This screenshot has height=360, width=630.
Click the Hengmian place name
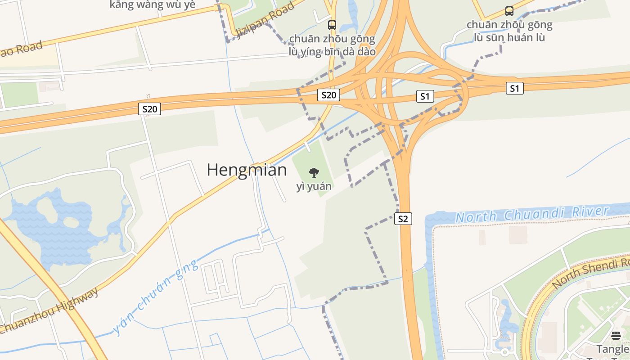tap(247, 170)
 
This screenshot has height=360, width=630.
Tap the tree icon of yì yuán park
tap(314, 172)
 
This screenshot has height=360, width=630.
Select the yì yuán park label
tap(314, 186)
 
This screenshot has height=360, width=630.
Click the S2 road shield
tap(403, 219)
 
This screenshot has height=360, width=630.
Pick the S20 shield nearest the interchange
tap(328, 95)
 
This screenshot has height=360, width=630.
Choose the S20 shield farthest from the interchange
tap(149, 109)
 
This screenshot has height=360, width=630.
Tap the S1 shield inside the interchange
tap(425, 96)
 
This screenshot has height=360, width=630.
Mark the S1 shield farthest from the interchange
tap(514, 88)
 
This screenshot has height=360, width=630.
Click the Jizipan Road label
tap(265, 21)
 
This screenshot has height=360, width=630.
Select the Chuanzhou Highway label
tap(49, 310)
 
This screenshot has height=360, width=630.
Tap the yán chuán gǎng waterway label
tap(155, 297)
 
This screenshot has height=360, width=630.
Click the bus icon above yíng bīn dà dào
tap(332, 25)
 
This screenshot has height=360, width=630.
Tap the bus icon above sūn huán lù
tap(509, 11)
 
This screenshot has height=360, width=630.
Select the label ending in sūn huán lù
tap(509, 31)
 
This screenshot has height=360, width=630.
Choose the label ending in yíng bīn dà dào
tap(332, 45)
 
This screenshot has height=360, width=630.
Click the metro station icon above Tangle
tap(616, 335)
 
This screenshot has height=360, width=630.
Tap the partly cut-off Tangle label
tap(613, 349)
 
